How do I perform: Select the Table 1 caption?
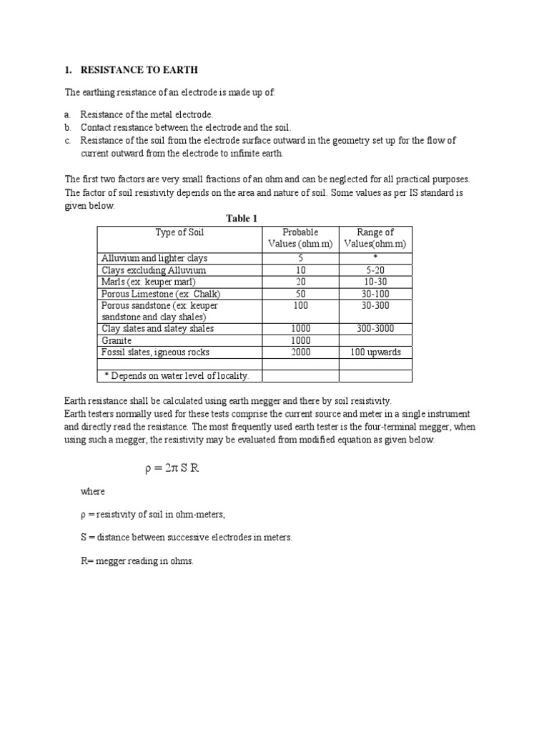pyautogui.click(x=241, y=219)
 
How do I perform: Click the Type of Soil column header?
pyautogui.click(x=179, y=232)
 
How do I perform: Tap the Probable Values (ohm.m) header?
pyautogui.click(x=300, y=238)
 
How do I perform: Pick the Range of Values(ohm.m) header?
pyautogui.click(x=375, y=238)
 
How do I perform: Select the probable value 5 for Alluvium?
pyautogui.click(x=300, y=257)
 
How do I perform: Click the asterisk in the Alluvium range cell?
pyautogui.click(x=375, y=257)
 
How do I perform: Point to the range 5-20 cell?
pyautogui.click(x=375, y=270)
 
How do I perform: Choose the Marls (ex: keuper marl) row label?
pyautogui.click(x=149, y=282)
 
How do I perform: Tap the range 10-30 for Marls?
pyautogui.click(x=375, y=282)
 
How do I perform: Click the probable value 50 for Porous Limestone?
pyautogui.click(x=300, y=294)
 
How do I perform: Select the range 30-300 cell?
pyautogui.click(x=375, y=305)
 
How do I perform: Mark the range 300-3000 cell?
pyautogui.click(x=375, y=329)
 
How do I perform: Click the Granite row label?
pyautogui.click(x=118, y=341)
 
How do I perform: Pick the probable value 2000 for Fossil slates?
pyautogui.click(x=300, y=352)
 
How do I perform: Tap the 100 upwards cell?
pyautogui.click(x=375, y=352)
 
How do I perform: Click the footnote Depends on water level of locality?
pyautogui.click(x=182, y=376)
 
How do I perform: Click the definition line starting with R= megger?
pyautogui.click(x=137, y=561)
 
